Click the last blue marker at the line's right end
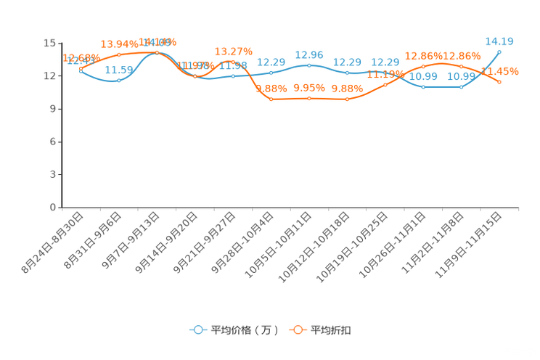[x=499, y=52]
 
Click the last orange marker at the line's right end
[x=499, y=82]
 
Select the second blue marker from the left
[x=119, y=80]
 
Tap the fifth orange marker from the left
[x=233, y=62]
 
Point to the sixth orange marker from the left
[x=271, y=99]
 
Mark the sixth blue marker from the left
[x=271, y=73]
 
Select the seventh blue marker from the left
[x=309, y=65]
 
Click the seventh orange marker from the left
[x=309, y=98]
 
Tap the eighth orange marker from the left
[x=347, y=99]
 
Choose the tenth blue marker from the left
[x=423, y=86]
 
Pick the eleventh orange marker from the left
[x=461, y=67]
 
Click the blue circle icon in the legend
[x=197, y=330]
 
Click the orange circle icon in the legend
[x=298, y=330]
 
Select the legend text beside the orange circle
[x=332, y=330]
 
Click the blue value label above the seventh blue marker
[x=309, y=54]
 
